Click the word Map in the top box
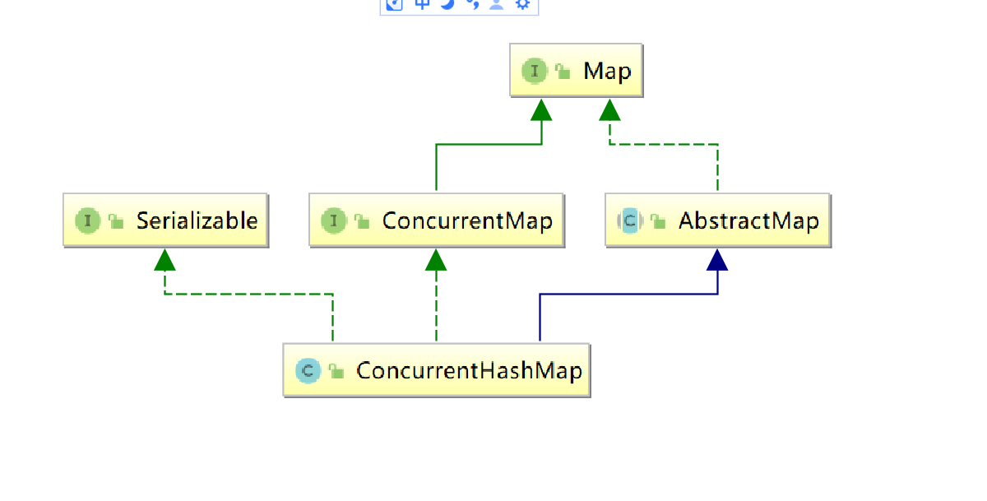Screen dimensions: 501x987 pos(607,71)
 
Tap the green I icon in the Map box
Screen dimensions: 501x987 pos(535,71)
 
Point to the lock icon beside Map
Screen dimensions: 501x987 pos(563,72)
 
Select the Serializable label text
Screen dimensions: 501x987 pos(197,220)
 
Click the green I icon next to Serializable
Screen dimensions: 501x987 pos(87,220)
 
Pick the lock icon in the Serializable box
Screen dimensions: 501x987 pos(115,221)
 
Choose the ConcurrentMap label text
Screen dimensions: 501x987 pos(467,220)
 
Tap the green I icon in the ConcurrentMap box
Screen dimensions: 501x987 pos(333,220)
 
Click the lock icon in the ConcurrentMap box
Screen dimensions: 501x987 pos(361,221)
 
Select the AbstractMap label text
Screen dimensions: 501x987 pos(748,220)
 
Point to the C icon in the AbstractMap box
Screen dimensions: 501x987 pos(629,220)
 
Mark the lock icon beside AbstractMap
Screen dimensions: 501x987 pos(657,221)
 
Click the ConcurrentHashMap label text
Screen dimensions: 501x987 pos(469,370)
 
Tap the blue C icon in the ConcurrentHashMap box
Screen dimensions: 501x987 pos(307,370)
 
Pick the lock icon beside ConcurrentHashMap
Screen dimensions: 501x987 pos(336,371)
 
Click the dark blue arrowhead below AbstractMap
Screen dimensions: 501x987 pos(718,261)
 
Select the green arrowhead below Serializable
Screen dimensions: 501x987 pos(165,261)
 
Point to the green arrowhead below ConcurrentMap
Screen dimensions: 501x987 pos(436,261)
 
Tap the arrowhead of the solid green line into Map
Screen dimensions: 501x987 pos(541,110)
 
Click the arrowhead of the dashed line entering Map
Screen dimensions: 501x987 pos(609,110)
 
